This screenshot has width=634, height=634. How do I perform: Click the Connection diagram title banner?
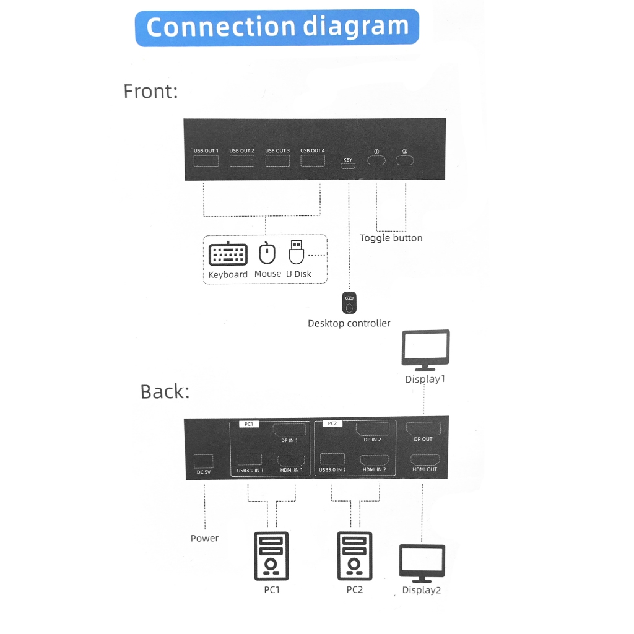point(277,27)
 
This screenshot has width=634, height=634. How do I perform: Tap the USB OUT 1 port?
point(206,162)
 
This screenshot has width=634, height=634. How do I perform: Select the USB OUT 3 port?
point(277,161)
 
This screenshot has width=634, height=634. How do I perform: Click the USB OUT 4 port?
point(312,161)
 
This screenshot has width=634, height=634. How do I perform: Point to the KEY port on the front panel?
point(347,166)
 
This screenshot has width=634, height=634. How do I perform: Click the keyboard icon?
point(228,254)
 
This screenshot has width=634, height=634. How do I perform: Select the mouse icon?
point(267,253)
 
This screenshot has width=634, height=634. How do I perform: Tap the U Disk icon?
point(297,252)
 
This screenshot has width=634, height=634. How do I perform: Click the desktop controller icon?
point(349,303)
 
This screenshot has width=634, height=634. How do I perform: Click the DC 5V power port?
point(203,461)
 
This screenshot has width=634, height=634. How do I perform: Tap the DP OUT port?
point(423,428)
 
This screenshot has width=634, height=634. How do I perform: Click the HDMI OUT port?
point(425,460)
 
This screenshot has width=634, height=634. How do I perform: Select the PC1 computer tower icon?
point(271,555)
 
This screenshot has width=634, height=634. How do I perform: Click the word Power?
point(204,538)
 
